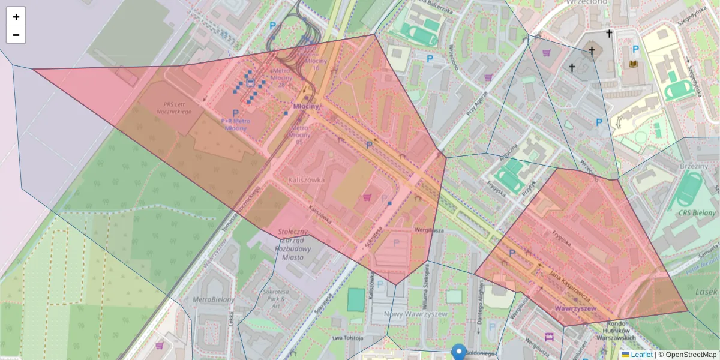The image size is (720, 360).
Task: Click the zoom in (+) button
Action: tap(16, 17)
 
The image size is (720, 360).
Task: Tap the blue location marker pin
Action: tap(459, 351)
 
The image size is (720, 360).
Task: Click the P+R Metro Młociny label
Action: tap(234, 124)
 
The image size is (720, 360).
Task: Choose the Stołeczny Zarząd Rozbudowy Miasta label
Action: tap(293, 244)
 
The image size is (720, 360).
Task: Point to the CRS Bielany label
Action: tap(696, 213)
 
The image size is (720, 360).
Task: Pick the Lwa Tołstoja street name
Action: tap(347, 338)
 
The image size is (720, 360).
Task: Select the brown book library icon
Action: tap(632, 64)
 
